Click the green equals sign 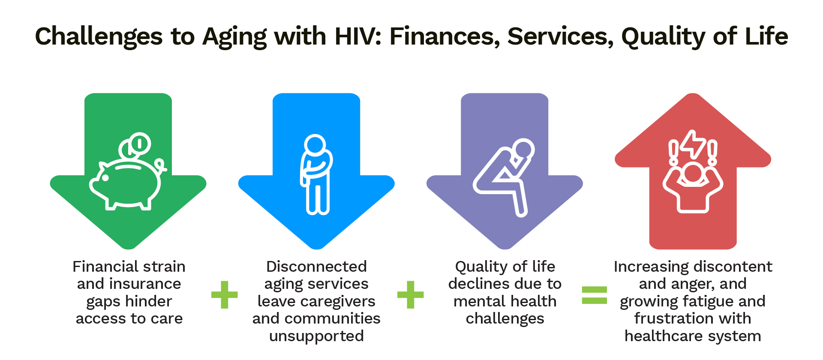pos(594,295)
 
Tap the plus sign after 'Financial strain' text pos(224,295)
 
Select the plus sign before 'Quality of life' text pos(410,295)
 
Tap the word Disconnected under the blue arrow pos(316,267)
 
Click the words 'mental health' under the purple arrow pos(505,301)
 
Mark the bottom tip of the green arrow pos(128,249)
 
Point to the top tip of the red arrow pos(693,94)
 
